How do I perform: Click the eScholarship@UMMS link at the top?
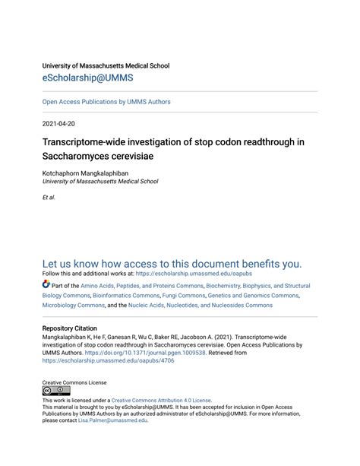(x=89, y=78)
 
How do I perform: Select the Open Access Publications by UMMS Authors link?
(x=106, y=102)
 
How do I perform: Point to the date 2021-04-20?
(x=61, y=123)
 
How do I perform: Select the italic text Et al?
(x=49, y=197)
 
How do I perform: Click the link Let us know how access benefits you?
(x=172, y=264)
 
